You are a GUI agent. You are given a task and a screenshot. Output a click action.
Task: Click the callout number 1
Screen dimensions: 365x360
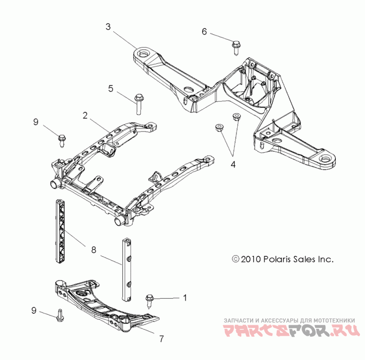click(185, 298)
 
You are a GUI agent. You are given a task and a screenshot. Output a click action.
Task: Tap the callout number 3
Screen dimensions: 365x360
click(108, 27)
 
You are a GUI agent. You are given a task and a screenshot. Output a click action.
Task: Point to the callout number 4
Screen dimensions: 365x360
click(233, 164)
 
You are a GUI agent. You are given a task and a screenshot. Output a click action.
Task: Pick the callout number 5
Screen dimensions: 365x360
click(110, 88)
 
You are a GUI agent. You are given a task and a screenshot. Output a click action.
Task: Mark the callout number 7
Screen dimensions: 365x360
click(161, 339)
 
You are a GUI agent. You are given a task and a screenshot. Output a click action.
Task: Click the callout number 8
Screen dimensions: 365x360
click(94, 249)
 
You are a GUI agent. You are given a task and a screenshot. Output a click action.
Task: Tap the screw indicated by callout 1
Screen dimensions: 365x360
click(149, 300)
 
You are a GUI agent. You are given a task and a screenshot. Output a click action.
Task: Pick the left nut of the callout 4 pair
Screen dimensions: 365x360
click(219, 127)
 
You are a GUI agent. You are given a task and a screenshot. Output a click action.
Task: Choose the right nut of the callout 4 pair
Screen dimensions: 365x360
click(236, 117)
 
